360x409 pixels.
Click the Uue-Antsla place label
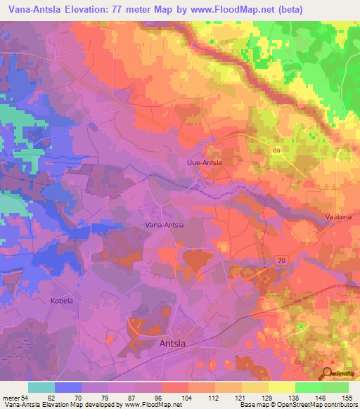204,163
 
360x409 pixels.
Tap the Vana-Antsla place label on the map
163,225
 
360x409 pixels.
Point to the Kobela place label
62,300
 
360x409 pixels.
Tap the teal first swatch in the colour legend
41,387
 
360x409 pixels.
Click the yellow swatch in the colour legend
281,387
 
